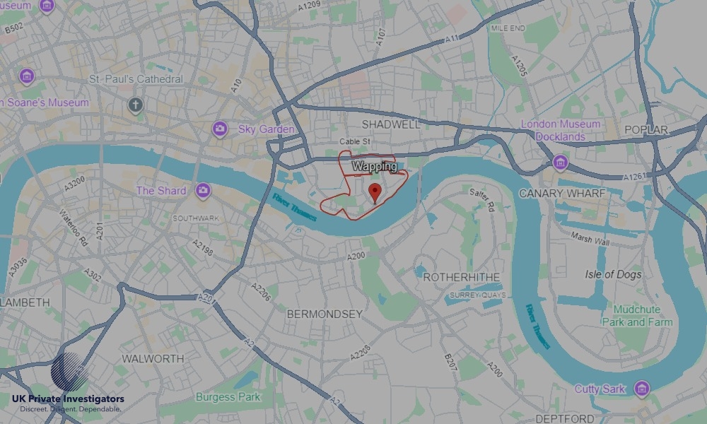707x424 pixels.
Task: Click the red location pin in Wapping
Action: pyautogui.click(x=375, y=192)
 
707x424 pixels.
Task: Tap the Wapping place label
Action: pyautogui.click(x=374, y=167)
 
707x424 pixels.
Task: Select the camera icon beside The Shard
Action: pyautogui.click(x=204, y=190)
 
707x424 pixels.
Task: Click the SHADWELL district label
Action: pyautogui.click(x=390, y=124)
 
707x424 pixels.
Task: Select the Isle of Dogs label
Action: pyautogui.click(x=613, y=274)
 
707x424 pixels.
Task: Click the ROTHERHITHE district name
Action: pyautogui.click(x=461, y=278)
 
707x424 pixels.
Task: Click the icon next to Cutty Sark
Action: pyautogui.click(x=641, y=388)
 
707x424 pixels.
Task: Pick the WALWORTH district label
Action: pyautogui.click(x=153, y=358)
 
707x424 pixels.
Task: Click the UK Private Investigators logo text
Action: pyautogui.click(x=68, y=400)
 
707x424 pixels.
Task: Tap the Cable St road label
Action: pyautogui.click(x=355, y=142)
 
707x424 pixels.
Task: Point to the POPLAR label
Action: pyautogui.click(x=646, y=130)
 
